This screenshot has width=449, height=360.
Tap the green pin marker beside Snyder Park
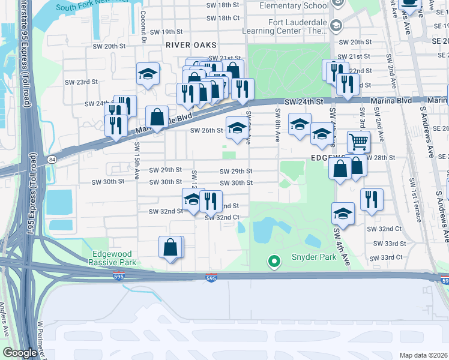(x=274, y=261)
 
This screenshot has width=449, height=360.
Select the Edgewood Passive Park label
(x=112, y=258)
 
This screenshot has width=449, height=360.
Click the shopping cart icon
(x=358, y=142)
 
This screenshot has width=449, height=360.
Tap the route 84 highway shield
(x=53, y=159)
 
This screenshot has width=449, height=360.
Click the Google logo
(x=20, y=353)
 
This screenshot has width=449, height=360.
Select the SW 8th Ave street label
(x=278, y=124)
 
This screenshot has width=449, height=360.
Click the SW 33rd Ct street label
(x=386, y=257)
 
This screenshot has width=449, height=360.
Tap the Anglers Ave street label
(x=8, y=336)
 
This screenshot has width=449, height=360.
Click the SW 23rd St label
(x=81, y=82)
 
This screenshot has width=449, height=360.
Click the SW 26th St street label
(x=206, y=130)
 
